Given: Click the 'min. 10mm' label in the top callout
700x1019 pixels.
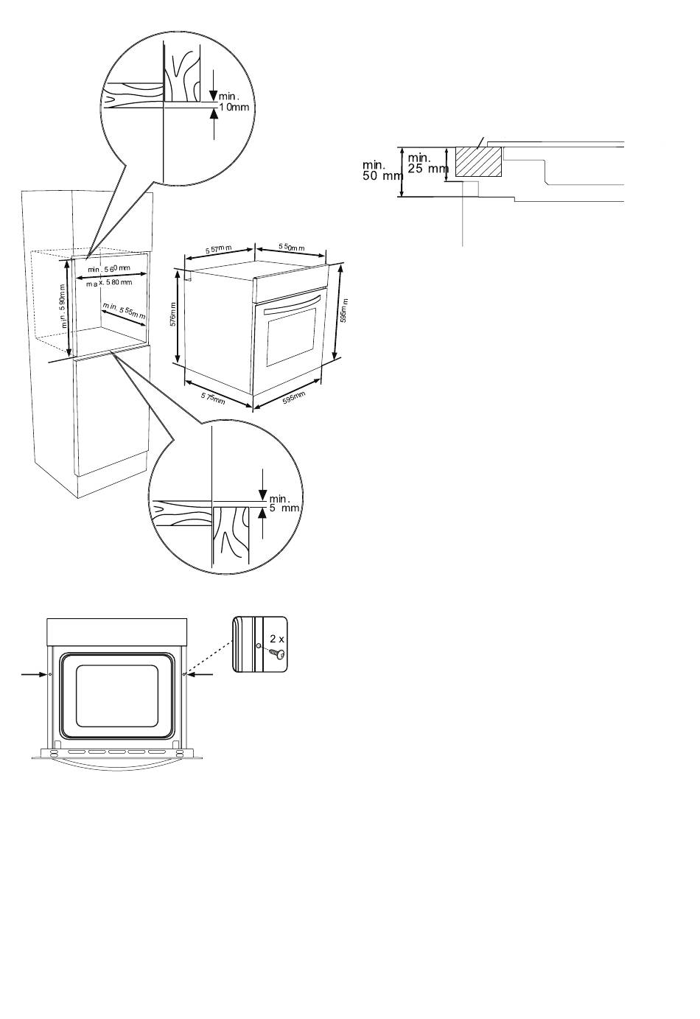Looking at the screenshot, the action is click(234, 101).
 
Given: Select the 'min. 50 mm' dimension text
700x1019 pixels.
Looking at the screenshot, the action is click(382, 170).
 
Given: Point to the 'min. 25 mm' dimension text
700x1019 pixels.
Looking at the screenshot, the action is click(427, 163).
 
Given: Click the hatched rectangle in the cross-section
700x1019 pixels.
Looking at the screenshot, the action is click(478, 161).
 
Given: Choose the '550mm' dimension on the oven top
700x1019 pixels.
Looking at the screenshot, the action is click(291, 247).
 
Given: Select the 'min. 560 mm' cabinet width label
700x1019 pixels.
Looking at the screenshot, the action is click(109, 269).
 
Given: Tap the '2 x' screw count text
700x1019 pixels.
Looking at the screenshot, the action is click(276, 639).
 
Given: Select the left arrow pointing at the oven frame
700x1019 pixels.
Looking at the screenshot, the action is click(32, 673).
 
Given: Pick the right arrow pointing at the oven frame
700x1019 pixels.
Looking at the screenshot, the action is click(202, 673).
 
